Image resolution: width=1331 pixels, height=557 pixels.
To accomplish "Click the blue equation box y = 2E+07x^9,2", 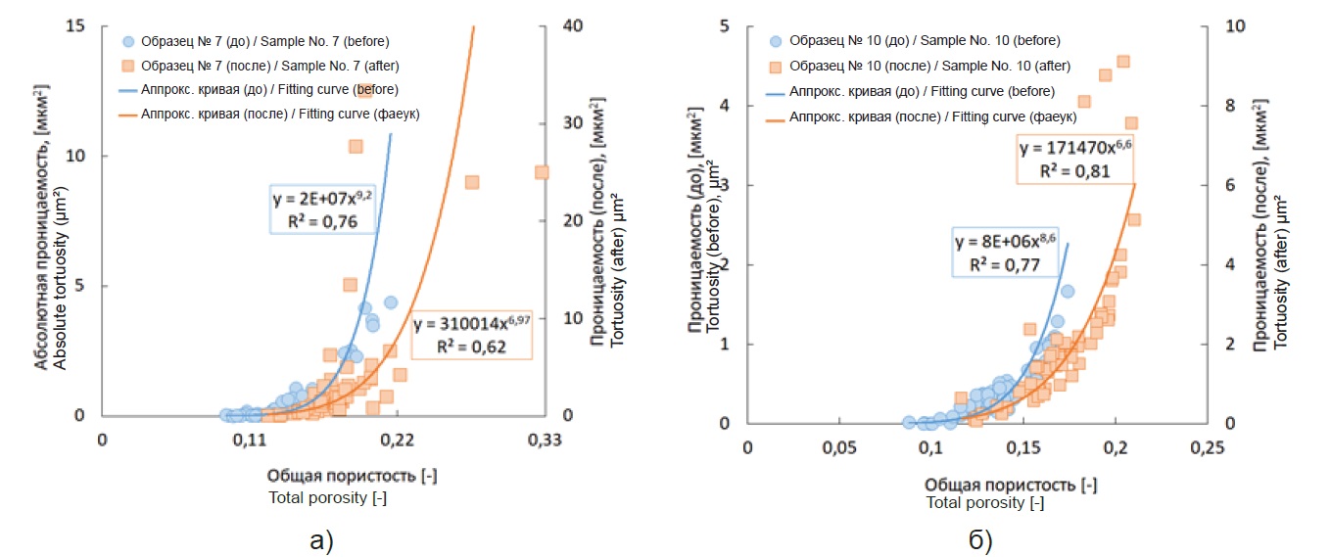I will pyautogui.click(x=321, y=209).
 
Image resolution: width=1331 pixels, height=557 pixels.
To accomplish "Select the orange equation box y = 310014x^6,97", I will pyautogui.click(x=470, y=335).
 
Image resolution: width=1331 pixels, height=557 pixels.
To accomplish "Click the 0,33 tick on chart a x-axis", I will pyautogui.click(x=544, y=441).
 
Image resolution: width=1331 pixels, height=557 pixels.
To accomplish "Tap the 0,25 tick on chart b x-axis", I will pyautogui.click(x=1207, y=448).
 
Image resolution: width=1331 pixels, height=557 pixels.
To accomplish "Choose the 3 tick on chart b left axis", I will pyautogui.click(x=726, y=185).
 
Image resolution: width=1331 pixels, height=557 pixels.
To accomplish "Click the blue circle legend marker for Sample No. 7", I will pyautogui.click(x=127, y=42).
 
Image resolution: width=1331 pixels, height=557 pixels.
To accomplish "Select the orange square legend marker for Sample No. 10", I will pyautogui.click(x=776, y=67).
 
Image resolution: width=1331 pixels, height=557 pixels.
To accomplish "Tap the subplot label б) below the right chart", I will pyautogui.click(x=978, y=539).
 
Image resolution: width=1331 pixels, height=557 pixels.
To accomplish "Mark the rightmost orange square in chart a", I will pyautogui.click(x=541, y=172).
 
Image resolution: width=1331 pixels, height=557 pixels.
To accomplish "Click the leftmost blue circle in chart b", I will pyautogui.click(x=908, y=422).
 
